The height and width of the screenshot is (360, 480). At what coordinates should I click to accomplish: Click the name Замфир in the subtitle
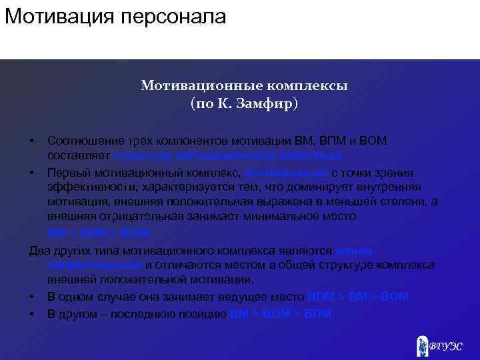pos(267,104)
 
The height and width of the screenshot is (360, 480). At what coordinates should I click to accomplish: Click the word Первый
pos(66,172)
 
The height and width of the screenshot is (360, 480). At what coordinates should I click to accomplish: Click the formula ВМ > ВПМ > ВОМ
pos(99,233)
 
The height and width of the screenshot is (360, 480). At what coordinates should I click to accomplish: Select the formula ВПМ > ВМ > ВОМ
pos(358,297)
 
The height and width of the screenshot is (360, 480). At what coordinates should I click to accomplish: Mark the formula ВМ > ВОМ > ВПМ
pos(280,313)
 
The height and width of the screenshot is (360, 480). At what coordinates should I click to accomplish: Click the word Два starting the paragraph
pos(39,250)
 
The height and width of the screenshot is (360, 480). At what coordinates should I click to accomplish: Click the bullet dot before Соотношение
pos(32,141)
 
